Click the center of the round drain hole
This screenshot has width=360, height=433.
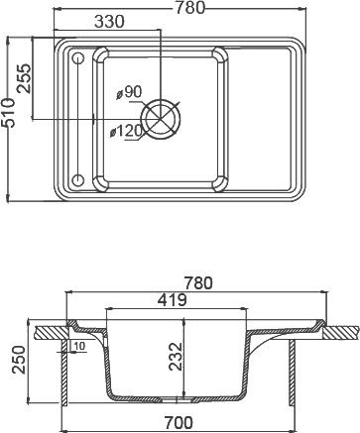coord(163,118)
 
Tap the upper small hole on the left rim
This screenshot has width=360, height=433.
coord(78,59)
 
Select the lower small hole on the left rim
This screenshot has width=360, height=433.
coord(78,179)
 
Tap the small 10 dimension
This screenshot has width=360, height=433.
coord(77,346)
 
